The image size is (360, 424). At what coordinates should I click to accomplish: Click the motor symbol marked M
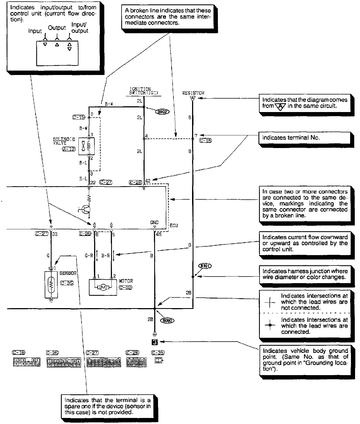tap(103, 288)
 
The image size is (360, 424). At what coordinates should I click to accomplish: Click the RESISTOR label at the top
tap(193, 93)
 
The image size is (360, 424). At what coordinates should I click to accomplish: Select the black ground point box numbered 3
tap(155, 342)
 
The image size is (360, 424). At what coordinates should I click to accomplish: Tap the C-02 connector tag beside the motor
tap(125, 288)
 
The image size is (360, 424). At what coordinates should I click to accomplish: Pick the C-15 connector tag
tap(79, 117)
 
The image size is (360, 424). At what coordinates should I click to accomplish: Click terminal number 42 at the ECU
tap(148, 181)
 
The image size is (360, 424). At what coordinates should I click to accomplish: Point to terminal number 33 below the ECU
tap(55, 234)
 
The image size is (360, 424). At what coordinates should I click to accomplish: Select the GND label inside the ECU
tap(154, 222)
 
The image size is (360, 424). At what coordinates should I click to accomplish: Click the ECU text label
tap(174, 225)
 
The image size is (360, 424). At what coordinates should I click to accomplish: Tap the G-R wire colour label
tap(89, 256)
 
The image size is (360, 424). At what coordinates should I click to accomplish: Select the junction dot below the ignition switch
tap(144, 107)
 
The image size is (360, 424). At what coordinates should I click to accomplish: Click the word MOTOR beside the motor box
tap(126, 281)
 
